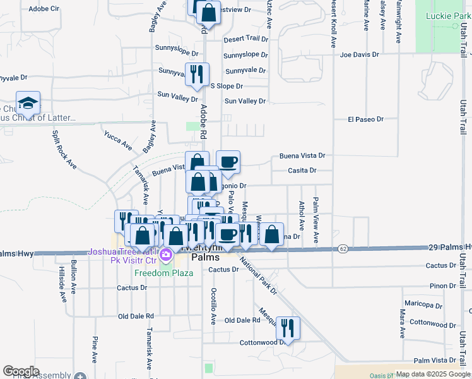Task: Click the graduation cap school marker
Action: coord(28,102)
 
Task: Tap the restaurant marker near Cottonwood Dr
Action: coord(287,327)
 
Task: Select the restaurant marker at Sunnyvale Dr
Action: coord(197,74)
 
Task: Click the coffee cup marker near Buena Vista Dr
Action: coord(228,162)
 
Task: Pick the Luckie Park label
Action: coord(444,16)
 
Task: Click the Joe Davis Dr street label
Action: coord(359,54)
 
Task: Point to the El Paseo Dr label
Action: coord(365,119)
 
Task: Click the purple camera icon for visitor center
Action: coord(166,256)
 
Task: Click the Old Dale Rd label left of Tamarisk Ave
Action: coord(136,316)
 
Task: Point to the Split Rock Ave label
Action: coord(64,149)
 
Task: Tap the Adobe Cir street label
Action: coord(44,9)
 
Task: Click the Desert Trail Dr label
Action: coord(245,39)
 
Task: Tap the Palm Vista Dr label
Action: coord(436,359)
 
